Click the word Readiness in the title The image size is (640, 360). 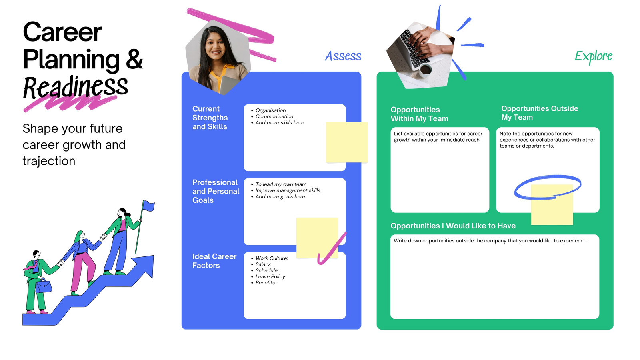(x=76, y=87)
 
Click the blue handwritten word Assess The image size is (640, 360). (x=343, y=56)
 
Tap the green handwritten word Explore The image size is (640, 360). (x=594, y=56)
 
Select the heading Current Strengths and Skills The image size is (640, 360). (x=210, y=118)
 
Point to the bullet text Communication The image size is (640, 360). (x=274, y=116)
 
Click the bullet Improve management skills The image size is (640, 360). (x=288, y=190)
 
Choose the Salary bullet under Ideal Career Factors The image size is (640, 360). (x=263, y=264)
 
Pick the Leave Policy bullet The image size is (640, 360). (x=271, y=276)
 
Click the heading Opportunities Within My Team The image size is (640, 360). (x=419, y=114)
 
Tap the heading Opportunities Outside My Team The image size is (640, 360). (x=540, y=113)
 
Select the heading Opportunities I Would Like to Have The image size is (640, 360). (x=453, y=226)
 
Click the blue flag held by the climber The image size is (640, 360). (x=148, y=206)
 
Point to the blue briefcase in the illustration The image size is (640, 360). (x=44, y=286)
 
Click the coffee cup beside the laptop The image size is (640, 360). (x=426, y=70)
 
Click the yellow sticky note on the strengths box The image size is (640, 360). (x=347, y=142)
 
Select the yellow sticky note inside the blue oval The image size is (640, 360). (x=552, y=205)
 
